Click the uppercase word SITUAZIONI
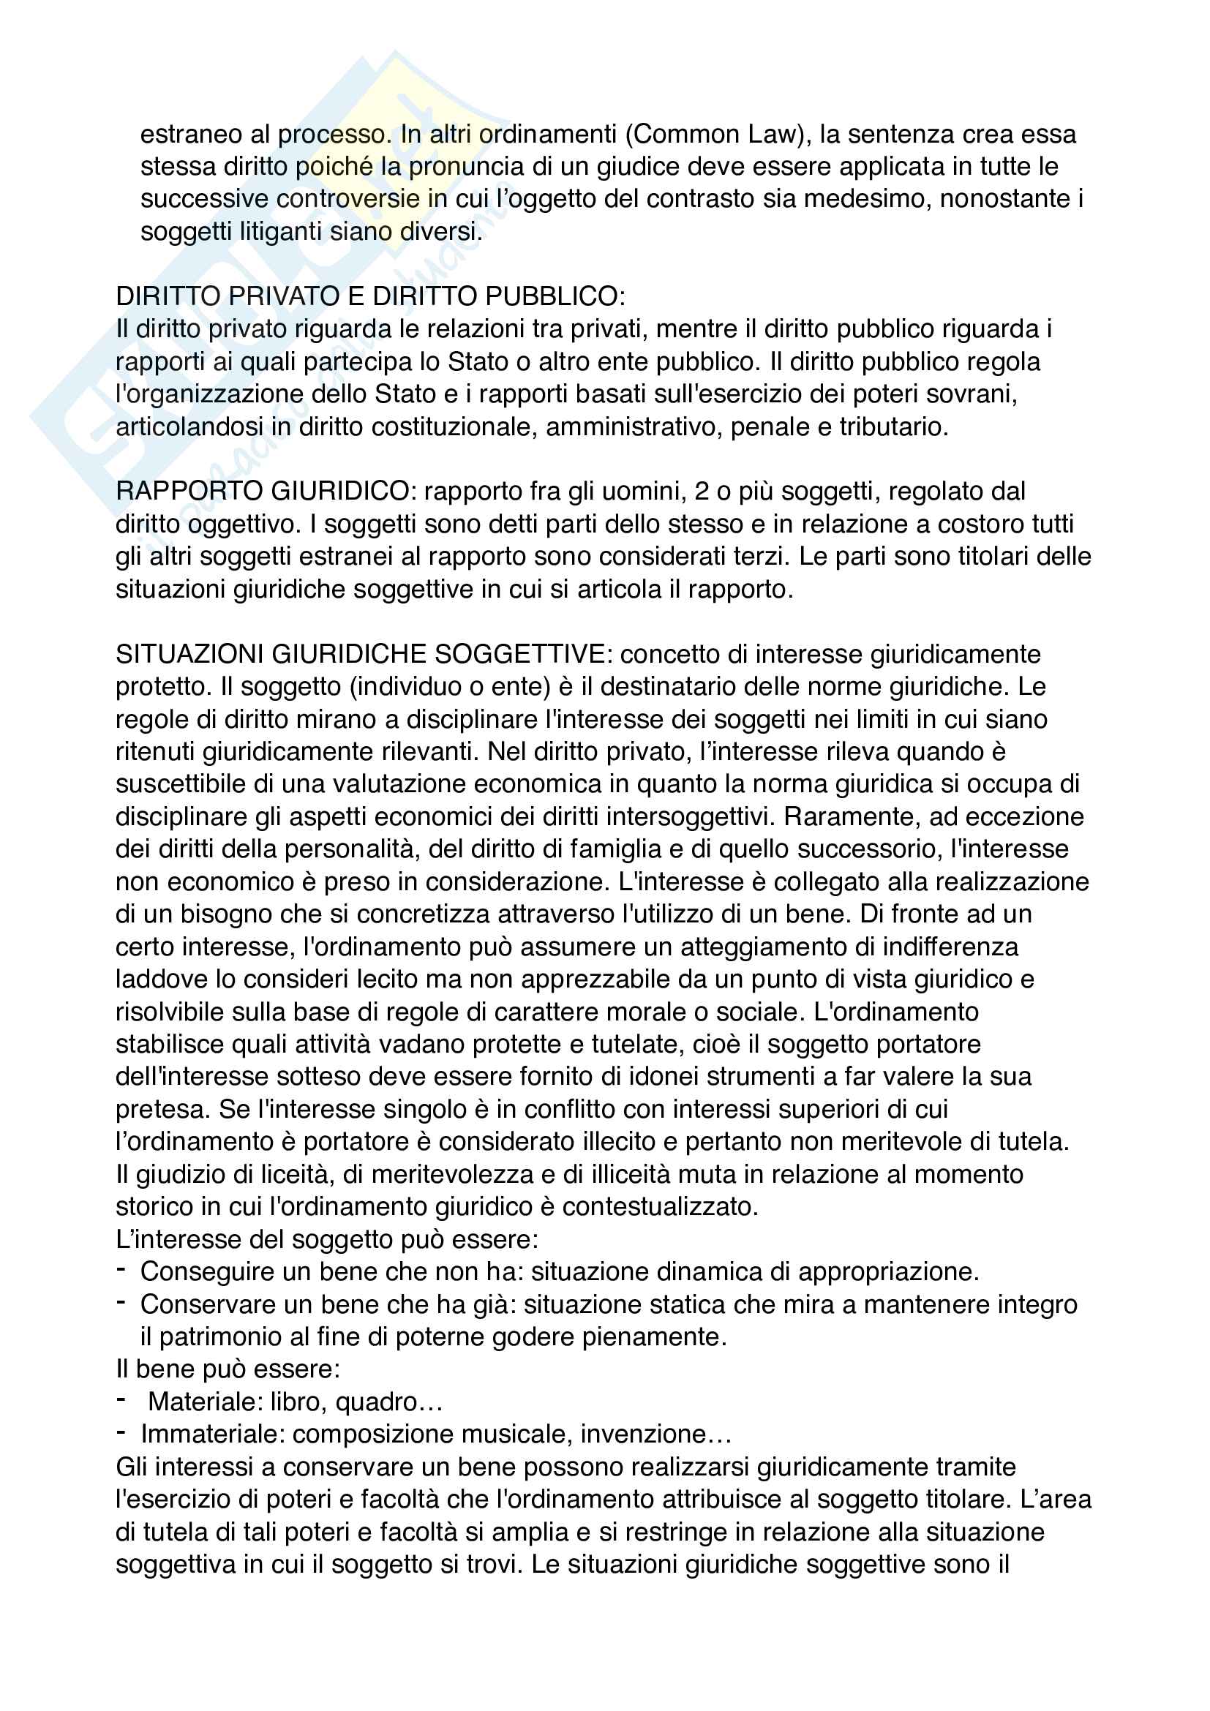tap(190, 654)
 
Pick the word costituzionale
tap(454, 427)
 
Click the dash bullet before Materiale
tap(121, 1400)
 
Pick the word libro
tap(298, 1402)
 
